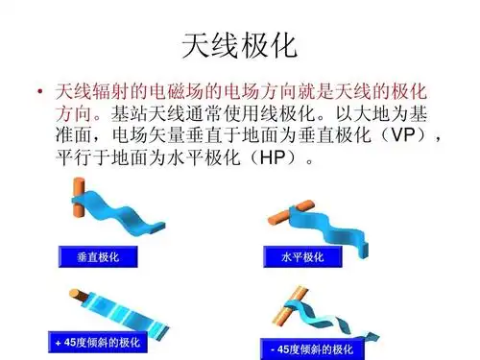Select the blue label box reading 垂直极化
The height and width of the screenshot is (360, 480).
[x=98, y=257]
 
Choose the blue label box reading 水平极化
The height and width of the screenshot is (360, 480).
[x=303, y=257]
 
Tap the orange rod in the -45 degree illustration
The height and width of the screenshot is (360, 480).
[x=289, y=312]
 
